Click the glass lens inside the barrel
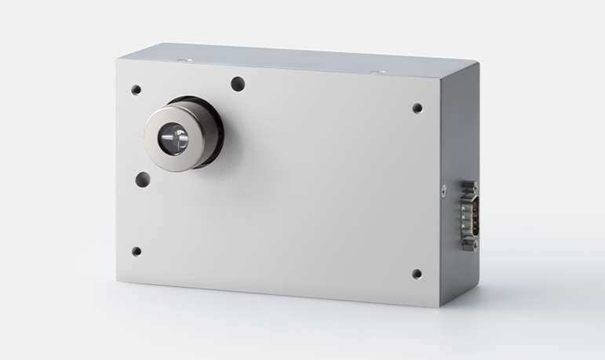[175, 140]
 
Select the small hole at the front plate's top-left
[136, 89]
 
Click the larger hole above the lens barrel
[236, 82]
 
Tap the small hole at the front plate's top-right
[417, 108]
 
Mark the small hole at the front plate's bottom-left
[136, 252]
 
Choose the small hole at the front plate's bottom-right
[416, 274]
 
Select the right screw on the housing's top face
[375, 71]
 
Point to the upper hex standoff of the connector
[470, 186]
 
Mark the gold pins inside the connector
[473, 216]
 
